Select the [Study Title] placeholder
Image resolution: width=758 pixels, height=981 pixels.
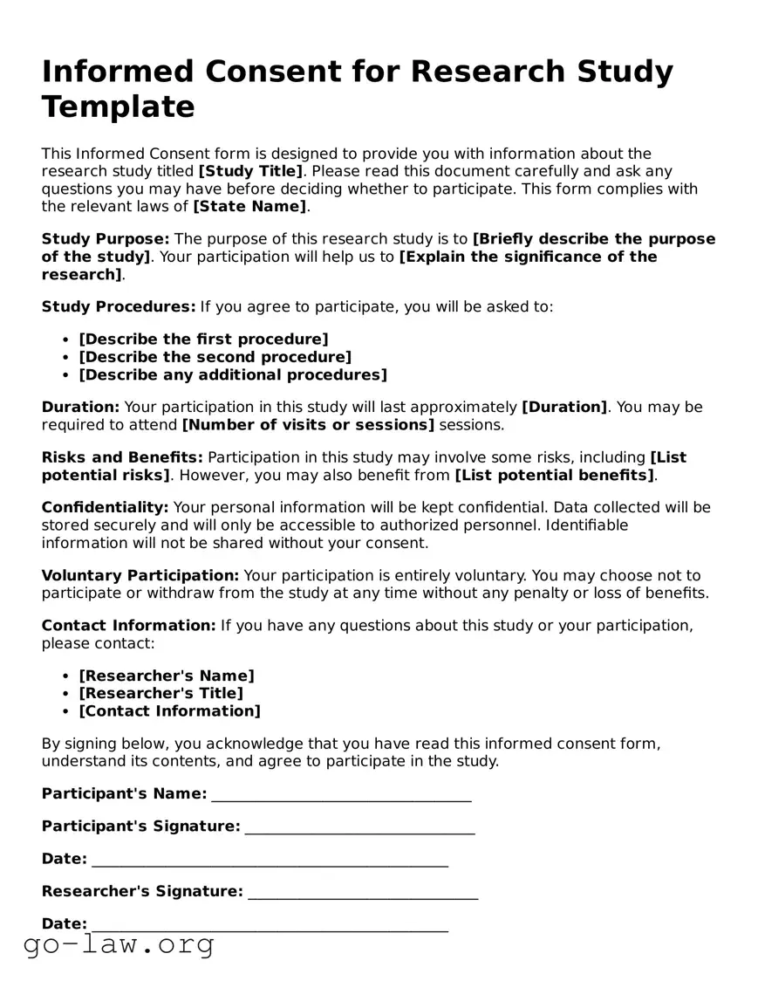(250, 172)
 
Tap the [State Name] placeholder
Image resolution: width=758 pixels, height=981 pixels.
(250, 207)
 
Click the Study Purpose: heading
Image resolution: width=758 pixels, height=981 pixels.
(106, 239)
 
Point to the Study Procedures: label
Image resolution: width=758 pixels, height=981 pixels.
(119, 307)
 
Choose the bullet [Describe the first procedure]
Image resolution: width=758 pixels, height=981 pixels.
(203, 340)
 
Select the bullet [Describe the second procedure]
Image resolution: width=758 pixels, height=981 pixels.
(215, 357)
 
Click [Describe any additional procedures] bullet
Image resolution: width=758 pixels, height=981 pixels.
(233, 375)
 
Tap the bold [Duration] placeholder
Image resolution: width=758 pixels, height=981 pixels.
(564, 408)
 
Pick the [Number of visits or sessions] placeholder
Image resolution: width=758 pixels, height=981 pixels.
(308, 425)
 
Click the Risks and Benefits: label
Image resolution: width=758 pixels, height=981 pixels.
(122, 457)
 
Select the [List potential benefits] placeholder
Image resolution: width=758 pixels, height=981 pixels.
(554, 476)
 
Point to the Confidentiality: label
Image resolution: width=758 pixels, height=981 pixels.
(105, 508)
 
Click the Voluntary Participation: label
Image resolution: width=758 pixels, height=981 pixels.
(140, 576)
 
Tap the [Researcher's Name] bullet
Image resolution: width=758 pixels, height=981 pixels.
(167, 676)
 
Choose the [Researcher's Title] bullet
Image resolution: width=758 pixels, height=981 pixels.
(160, 694)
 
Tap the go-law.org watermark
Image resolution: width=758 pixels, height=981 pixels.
(119, 944)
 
